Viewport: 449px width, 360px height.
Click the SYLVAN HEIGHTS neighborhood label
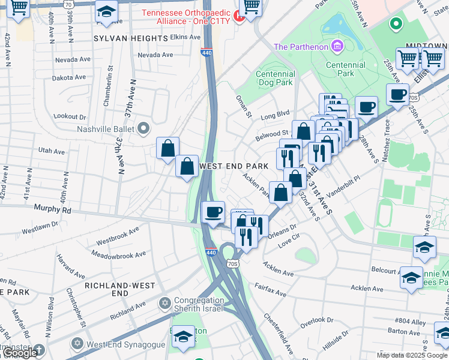pyautogui.click(x=130, y=38)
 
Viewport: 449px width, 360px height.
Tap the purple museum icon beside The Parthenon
pyautogui.click(x=337, y=46)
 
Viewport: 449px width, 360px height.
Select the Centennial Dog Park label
pyautogui.click(x=275, y=78)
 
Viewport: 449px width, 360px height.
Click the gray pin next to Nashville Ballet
pyautogui.click(x=143, y=128)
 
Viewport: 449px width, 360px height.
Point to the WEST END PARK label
pyautogui.click(x=233, y=166)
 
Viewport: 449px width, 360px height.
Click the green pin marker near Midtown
pyautogui.click(x=395, y=25)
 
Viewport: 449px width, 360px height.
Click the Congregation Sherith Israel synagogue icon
pyautogui.click(x=165, y=301)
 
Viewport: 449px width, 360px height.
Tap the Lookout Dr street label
pyautogui.click(x=70, y=116)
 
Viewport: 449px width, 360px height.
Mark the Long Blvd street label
pyautogui.click(x=275, y=113)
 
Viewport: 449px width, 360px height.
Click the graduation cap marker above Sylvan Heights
pyautogui.click(x=107, y=13)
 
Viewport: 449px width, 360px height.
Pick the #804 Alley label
pyautogui.click(x=409, y=322)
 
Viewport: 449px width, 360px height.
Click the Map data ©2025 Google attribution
pyautogui.click(x=411, y=355)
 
